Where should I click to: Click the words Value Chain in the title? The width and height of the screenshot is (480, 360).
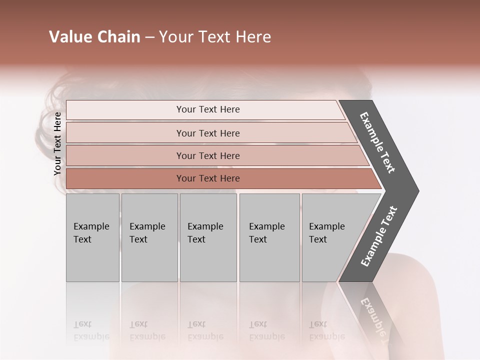(x=94, y=37)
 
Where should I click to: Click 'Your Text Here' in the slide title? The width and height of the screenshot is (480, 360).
(x=215, y=37)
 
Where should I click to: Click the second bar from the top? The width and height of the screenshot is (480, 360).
(x=207, y=133)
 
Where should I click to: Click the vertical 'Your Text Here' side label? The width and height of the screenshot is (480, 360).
(x=57, y=143)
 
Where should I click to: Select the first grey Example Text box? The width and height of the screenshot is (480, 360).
(x=92, y=237)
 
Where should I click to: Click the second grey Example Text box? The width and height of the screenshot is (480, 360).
(x=149, y=237)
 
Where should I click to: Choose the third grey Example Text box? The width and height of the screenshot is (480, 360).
(x=208, y=237)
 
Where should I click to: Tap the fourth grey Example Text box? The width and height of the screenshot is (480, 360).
(x=269, y=237)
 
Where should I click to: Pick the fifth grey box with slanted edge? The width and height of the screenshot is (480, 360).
(x=332, y=237)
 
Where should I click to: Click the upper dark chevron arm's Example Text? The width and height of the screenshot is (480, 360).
(x=378, y=142)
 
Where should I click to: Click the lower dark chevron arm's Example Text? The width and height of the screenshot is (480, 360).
(x=379, y=237)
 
